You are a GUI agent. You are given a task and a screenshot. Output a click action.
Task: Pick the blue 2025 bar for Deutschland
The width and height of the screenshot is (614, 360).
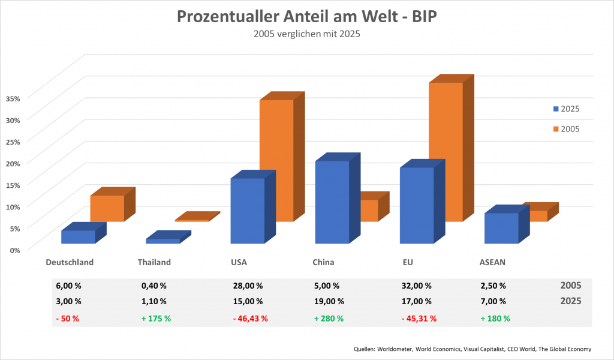point(78,236)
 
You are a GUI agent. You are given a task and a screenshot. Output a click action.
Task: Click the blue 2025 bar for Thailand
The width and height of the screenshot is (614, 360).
point(162,241)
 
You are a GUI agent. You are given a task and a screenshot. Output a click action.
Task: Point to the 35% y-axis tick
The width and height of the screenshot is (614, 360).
point(13,98)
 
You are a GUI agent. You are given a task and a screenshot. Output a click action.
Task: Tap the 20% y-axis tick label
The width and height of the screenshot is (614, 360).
point(13,163)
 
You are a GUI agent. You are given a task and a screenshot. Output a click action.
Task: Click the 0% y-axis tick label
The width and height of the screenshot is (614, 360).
point(15,249)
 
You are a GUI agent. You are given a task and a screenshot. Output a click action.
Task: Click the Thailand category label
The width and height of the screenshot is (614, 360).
point(154,262)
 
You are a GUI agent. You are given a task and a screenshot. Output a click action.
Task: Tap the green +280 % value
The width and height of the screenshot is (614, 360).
point(329,318)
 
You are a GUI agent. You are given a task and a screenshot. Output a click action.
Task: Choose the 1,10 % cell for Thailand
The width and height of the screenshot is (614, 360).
point(153,301)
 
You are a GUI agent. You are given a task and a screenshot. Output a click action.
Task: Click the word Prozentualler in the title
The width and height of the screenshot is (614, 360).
point(230,17)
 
